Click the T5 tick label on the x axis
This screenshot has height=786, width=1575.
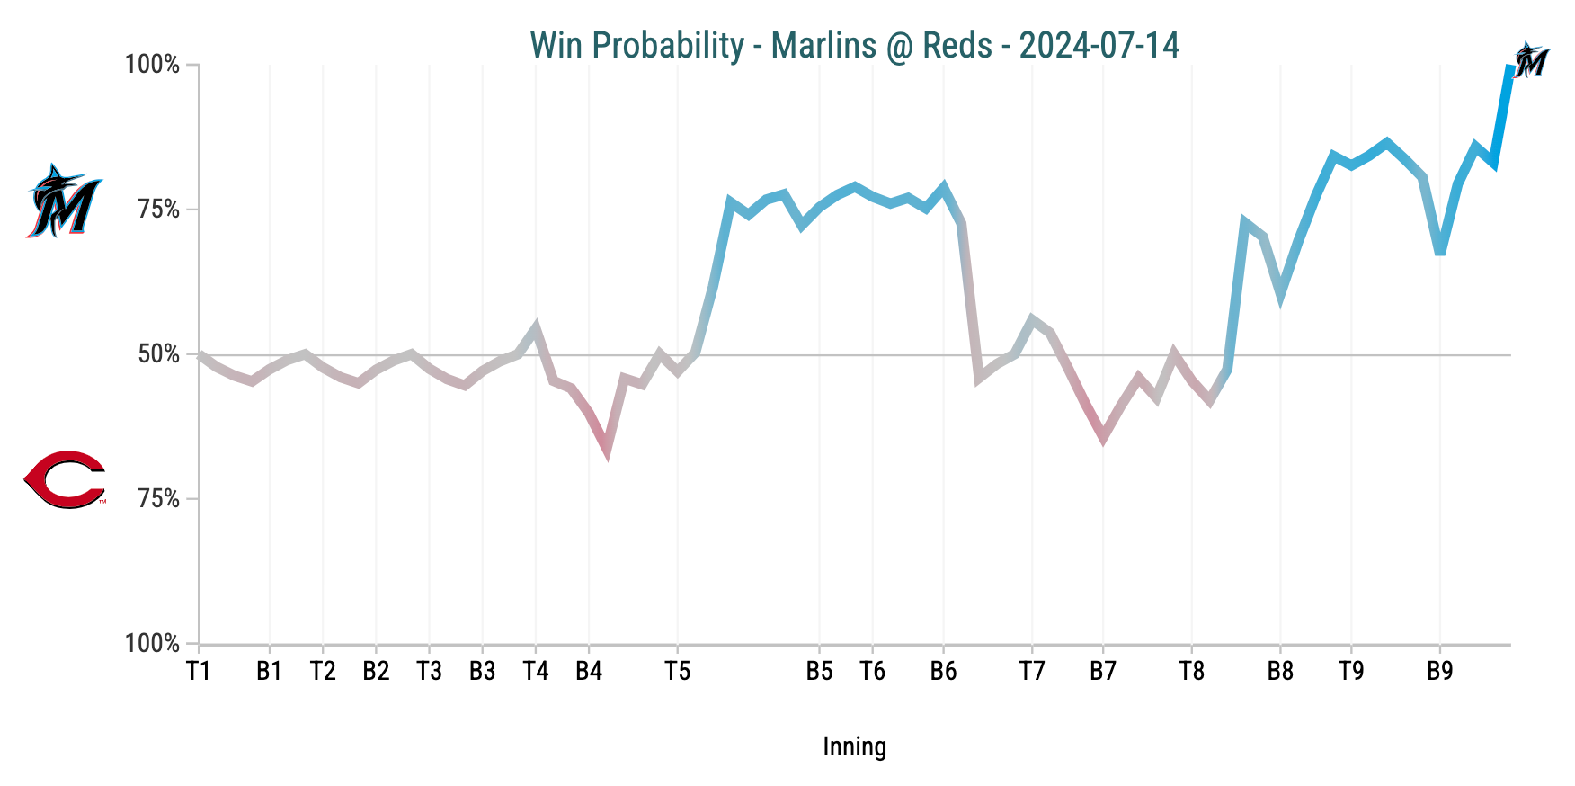click(x=677, y=671)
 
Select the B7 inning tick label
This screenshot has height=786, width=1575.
click(x=1103, y=671)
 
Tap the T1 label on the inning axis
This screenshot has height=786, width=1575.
click(x=199, y=671)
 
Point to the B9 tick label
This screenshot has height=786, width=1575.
click(x=1440, y=671)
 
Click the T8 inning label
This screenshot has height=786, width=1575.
click(x=1191, y=671)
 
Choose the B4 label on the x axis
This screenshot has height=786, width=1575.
click(x=589, y=671)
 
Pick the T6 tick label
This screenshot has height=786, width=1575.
click(x=872, y=671)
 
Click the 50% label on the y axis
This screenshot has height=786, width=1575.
click(x=159, y=354)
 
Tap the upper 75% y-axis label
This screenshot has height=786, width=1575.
click(x=159, y=210)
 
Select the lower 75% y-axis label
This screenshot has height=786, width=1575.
click(x=159, y=499)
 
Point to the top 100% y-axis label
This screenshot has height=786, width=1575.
click(x=153, y=65)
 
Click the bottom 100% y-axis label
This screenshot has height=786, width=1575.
click(x=153, y=644)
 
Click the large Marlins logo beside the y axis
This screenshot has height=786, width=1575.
click(x=63, y=201)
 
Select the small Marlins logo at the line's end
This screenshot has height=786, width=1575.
click(x=1530, y=60)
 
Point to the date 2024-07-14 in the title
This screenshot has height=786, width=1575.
click(x=1099, y=45)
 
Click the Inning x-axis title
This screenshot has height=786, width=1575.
click(x=854, y=746)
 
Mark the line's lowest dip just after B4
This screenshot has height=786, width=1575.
click(x=607, y=450)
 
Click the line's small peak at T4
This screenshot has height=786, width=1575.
click(x=536, y=326)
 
